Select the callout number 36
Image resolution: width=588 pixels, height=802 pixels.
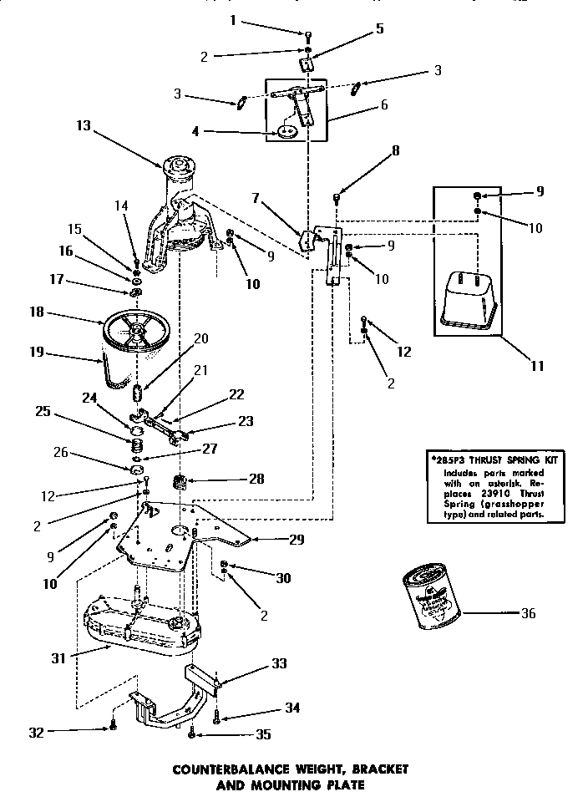click(x=526, y=613)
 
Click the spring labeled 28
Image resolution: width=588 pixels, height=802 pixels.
click(x=178, y=483)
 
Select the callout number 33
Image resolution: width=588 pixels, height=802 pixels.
click(x=279, y=663)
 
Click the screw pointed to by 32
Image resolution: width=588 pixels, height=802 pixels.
click(x=113, y=728)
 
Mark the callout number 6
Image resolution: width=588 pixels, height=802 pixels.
click(x=383, y=105)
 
